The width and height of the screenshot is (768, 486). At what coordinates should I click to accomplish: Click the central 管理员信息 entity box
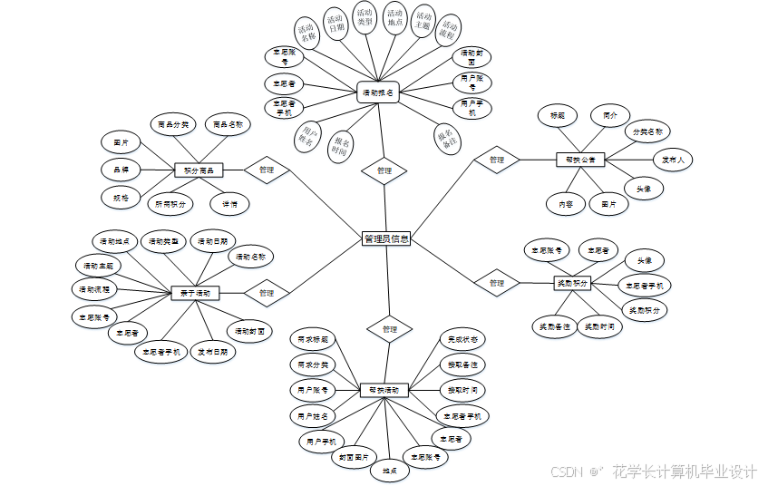pyautogui.click(x=386, y=239)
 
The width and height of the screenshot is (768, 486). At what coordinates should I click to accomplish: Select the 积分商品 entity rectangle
pyautogui.click(x=198, y=170)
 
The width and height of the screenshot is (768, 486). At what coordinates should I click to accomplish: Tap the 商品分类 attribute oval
pyautogui.click(x=172, y=124)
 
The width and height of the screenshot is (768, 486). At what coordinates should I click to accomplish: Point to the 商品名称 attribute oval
pyautogui.click(x=228, y=124)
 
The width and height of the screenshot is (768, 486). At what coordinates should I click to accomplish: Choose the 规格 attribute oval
pyautogui.click(x=121, y=195)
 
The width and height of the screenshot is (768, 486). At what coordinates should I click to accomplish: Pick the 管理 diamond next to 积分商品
pyautogui.click(x=266, y=170)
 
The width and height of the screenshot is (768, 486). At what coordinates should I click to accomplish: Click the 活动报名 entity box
pyautogui.click(x=378, y=92)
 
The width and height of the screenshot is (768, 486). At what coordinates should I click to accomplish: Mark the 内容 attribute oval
pyautogui.click(x=566, y=204)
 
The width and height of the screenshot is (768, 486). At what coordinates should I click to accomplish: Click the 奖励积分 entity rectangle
pyautogui.click(x=571, y=283)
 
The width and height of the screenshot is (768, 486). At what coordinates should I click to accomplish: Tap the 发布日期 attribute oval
pyautogui.click(x=213, y=351)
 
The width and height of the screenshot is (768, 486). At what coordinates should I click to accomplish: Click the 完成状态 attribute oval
pyautogui.click(x=462, y=338)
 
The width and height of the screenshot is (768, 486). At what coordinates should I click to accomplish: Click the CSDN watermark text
pyautogui.click(x=566, y=471)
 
